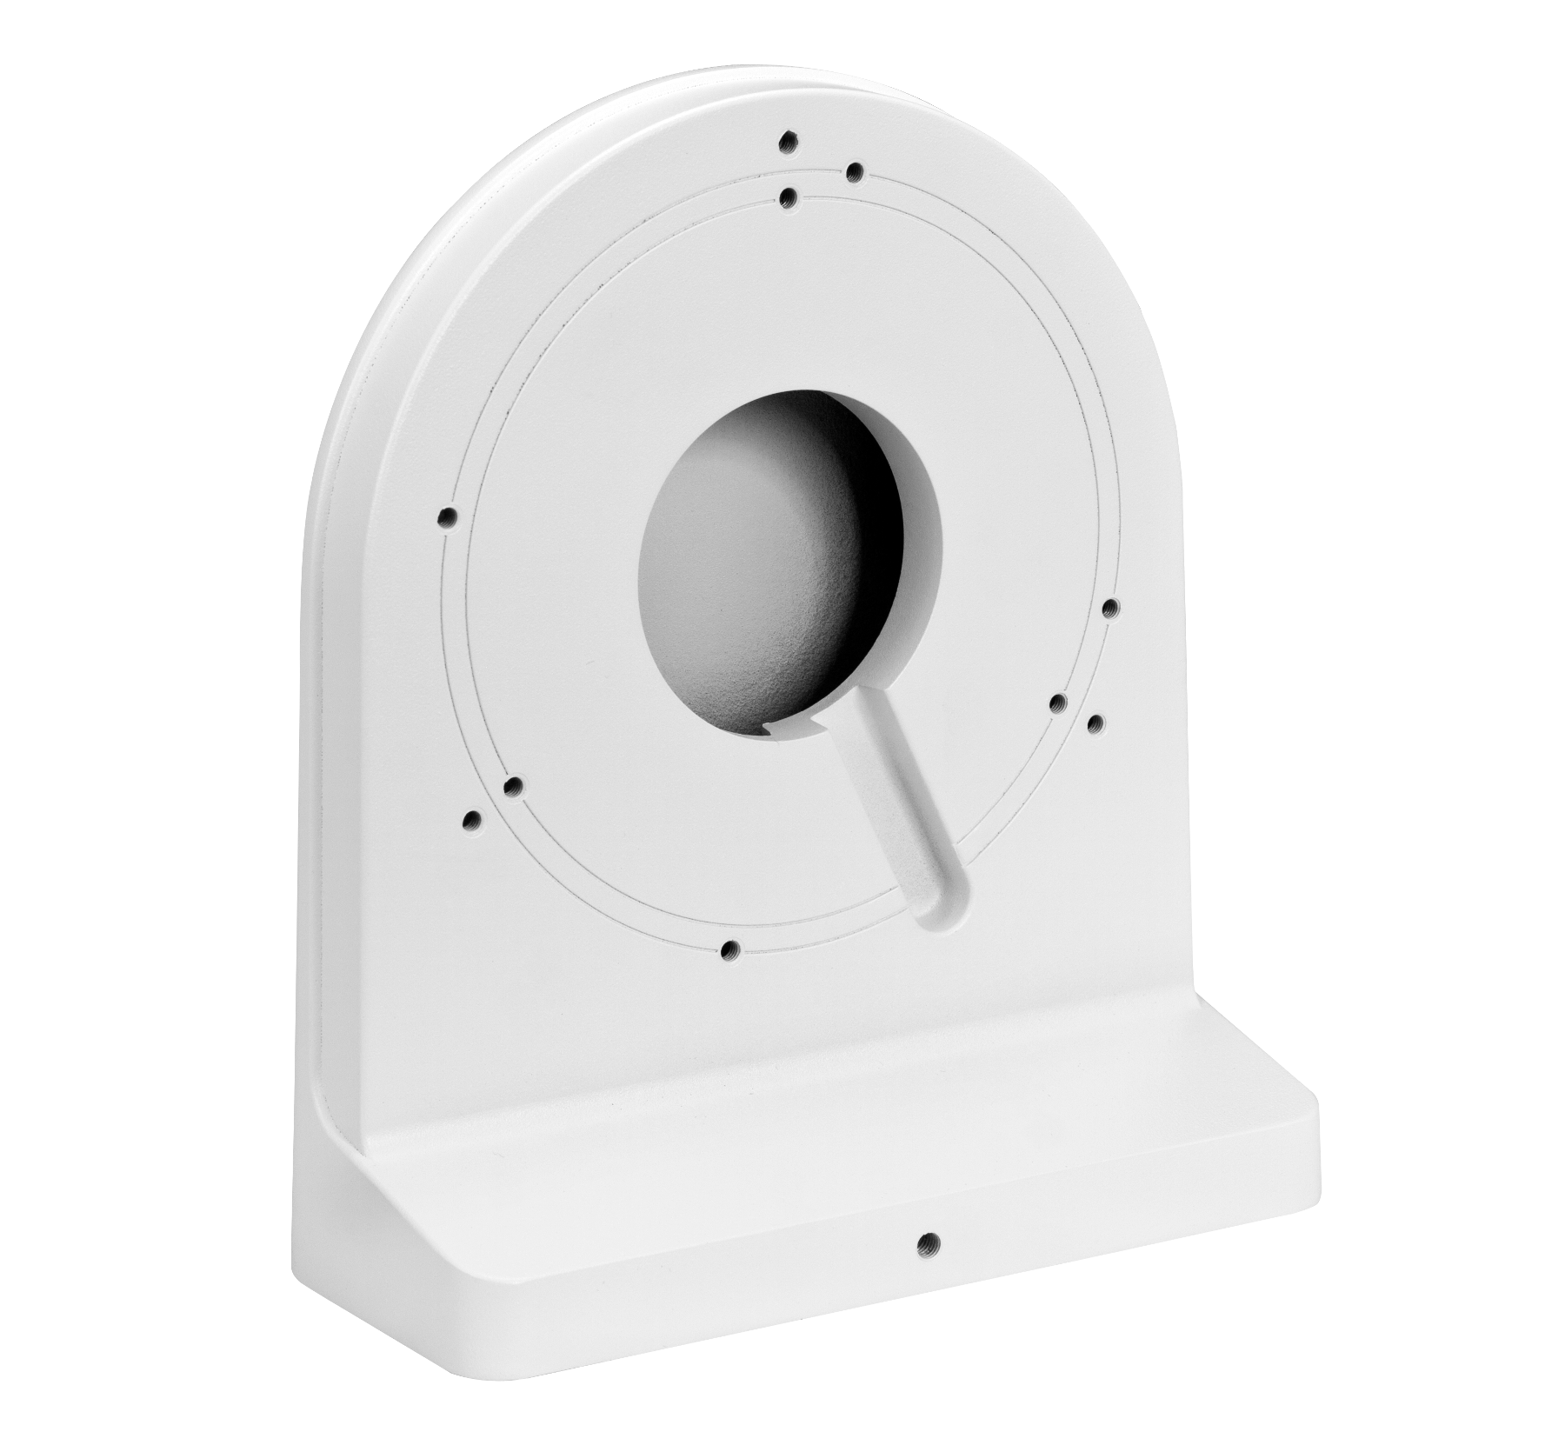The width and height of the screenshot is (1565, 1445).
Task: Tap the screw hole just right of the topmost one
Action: point(854,170)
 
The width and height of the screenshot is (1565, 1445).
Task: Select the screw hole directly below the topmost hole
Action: point(789,199)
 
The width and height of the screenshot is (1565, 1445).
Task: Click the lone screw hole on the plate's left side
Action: point(449,519)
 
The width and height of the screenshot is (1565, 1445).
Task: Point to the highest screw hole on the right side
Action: point(1109,608)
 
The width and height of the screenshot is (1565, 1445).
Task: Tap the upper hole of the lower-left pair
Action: point(514,788)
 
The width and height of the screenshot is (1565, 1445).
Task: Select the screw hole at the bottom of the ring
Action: point(730,949)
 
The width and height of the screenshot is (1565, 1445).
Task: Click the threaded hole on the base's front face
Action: point(929,1242)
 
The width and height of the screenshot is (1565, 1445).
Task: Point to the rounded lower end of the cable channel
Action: point(943,913)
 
